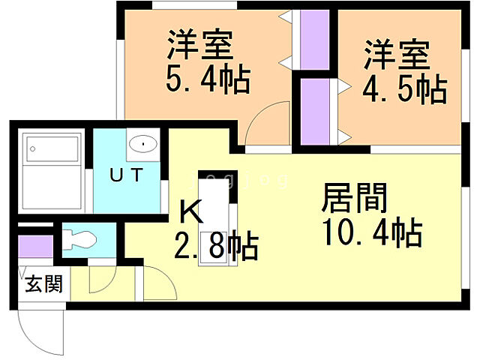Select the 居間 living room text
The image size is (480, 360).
tap(355, 199)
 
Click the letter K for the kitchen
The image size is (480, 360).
tap(190, 212)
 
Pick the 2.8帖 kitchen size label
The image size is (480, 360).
tap(218, 246)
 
